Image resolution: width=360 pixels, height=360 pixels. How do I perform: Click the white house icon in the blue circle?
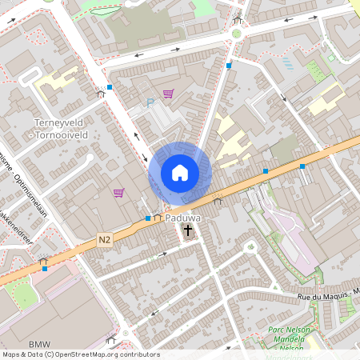pos(180,173)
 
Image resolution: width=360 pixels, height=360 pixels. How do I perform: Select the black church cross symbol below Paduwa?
pos(187,232)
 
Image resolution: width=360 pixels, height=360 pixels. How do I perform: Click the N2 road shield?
pos(105,238)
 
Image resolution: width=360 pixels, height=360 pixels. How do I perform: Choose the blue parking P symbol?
pos(150,102)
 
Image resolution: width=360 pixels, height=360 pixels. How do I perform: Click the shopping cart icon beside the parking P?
pos(168,94)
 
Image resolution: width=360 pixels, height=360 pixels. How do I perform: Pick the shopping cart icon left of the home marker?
pos(118,192)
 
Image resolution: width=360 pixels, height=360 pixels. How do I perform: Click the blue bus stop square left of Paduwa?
pos(148,218)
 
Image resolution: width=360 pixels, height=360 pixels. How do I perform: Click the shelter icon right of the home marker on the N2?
pos(217,201)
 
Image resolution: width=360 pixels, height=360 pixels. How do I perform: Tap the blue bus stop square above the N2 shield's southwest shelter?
pos(45,270)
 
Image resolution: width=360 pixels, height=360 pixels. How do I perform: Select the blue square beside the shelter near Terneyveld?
pos(110,86)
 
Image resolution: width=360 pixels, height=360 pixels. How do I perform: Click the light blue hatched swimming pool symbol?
pos(287,62)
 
